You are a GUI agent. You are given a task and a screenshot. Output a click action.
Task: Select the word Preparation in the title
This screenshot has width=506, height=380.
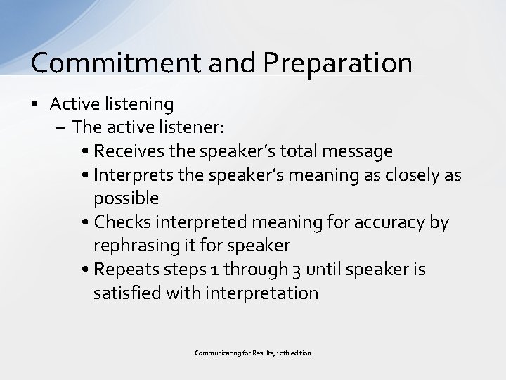click(x=338, y=63)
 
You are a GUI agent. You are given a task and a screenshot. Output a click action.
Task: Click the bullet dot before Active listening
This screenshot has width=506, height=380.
click(x=37, y=105)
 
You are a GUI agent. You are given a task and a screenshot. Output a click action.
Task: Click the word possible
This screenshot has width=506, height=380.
click(x=126, y=198)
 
